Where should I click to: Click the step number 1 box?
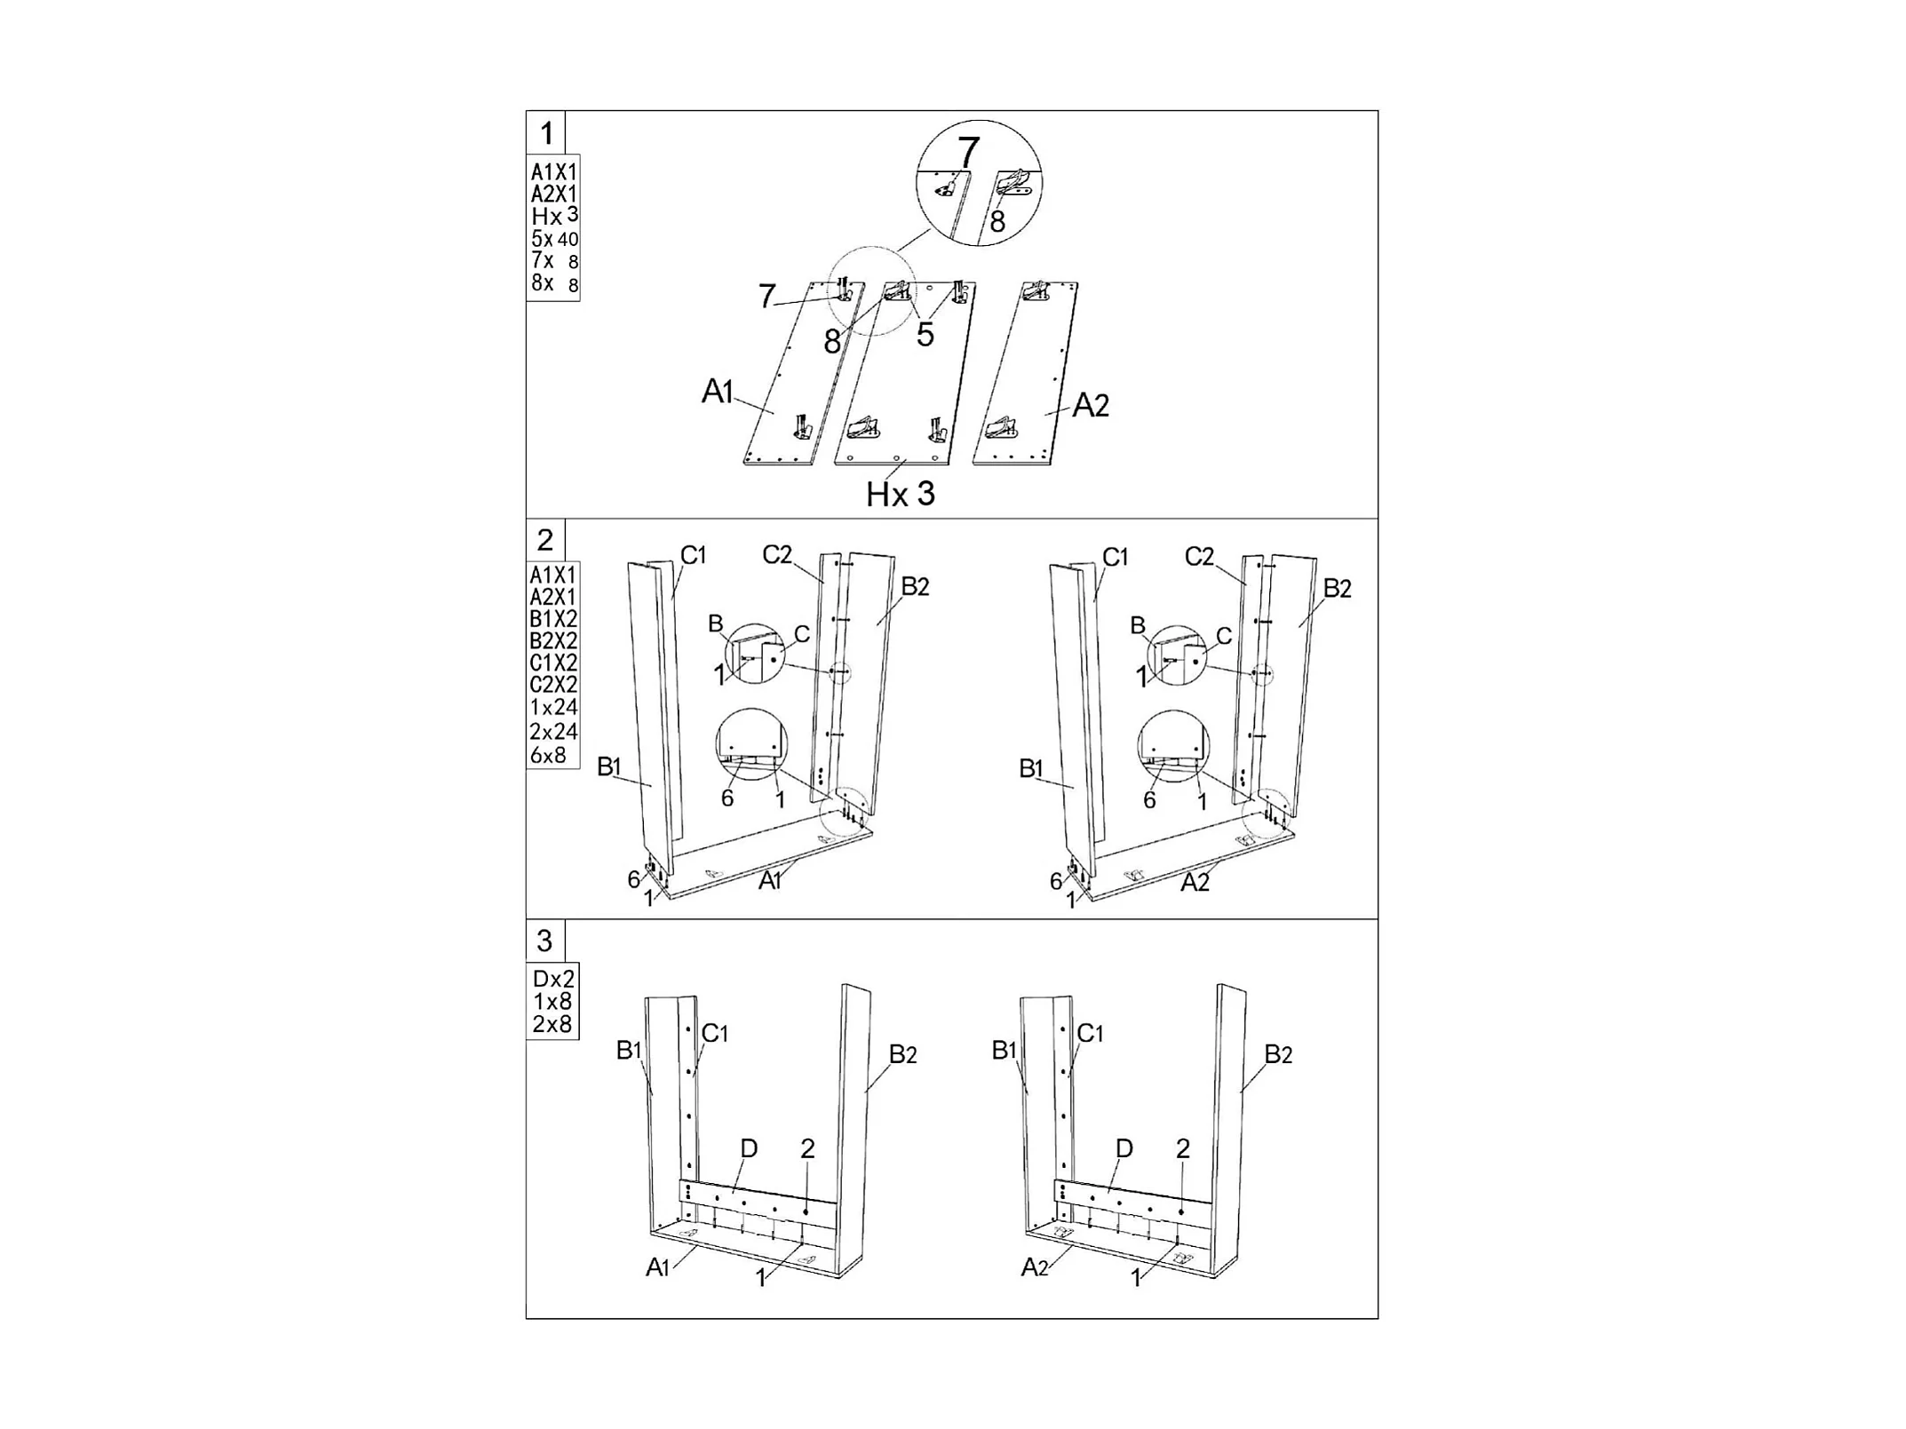pos(546,133)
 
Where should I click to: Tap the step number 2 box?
pos(545,540)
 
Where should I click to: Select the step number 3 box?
pos(544,941)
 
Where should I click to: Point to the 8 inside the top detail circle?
pos(997,221)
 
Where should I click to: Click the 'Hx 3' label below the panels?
pos(901,494)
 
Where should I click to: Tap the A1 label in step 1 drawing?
pos(718,391)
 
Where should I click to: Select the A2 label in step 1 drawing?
pos(1091,406)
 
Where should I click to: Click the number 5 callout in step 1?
pos(925,335)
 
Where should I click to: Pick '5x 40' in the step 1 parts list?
pos(554,238)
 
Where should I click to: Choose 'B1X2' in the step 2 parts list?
pos(553,619)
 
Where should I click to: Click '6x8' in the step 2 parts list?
pos(548,756)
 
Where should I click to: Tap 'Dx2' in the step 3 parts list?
pos(553,979)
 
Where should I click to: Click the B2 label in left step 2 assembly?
pos(915,586)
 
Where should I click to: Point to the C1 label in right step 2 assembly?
pos(1115,557)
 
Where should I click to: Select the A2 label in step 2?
pos(1195,883)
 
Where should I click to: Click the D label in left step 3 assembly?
pos(749,1148)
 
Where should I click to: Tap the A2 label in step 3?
pos(1035,1267)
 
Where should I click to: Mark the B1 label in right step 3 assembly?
pos(1004,1051)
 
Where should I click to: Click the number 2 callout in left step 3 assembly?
pos(807,1148)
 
